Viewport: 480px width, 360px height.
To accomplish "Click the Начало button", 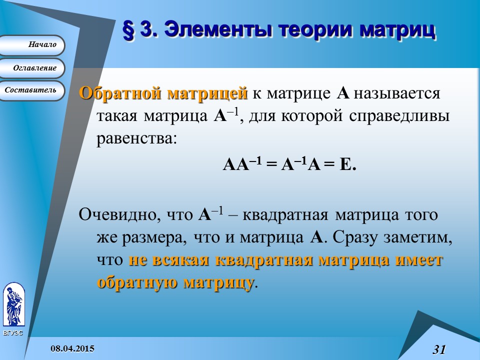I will click(x=33, y=45).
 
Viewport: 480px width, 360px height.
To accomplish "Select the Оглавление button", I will click(x=33, y=68).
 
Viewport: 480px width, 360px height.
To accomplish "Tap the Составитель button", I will click(x=31, y=90).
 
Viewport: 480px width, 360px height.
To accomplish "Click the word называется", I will click(x=397, y=93).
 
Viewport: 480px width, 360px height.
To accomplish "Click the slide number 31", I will click(x=439, y=349).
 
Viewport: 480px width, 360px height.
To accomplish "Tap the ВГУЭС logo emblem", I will click(x=13, y=304).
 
